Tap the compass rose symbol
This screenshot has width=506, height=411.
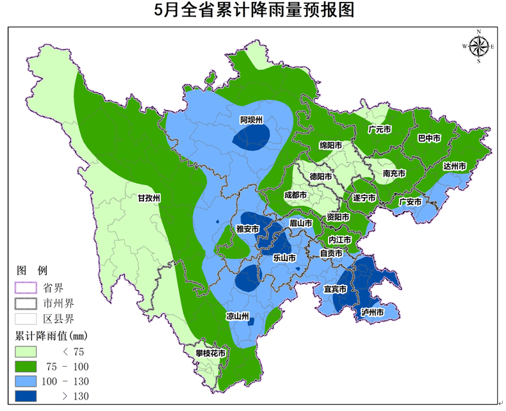pos(478,46)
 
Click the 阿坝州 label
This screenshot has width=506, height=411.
pos(252,120)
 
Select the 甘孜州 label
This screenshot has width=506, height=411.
pos(149,198)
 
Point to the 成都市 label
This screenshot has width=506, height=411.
pos(295,195)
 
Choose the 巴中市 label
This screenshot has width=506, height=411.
pos(428,138)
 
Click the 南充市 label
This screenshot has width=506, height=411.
pos(394,173)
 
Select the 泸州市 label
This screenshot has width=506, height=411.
pos(371,312)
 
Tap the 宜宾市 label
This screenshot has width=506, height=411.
pos(335,289)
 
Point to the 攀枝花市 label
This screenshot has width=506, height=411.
pos(211,353)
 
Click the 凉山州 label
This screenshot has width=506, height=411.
pos(237,316)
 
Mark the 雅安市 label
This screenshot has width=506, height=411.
pos(247,229)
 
